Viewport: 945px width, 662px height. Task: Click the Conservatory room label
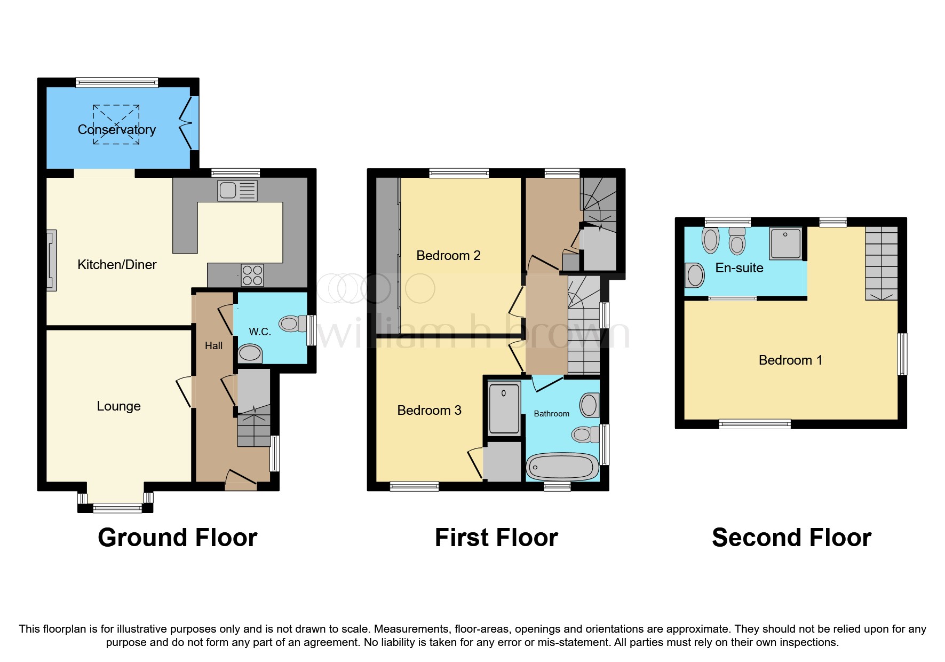click(116, 130)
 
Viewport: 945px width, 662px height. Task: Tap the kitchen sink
click(237, 191)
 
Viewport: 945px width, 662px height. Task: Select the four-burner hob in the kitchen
click(252, 275)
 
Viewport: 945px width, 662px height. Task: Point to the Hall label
click(213, 346)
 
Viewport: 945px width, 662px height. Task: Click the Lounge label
click(118, 406)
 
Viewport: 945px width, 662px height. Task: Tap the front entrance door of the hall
click(241, 480)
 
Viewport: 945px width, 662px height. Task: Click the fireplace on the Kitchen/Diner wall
click(51, 261)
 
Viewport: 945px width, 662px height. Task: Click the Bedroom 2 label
click(448, 256)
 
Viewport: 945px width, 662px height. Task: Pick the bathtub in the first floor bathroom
click(562, 468)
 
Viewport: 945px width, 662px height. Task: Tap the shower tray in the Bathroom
click(504, 408)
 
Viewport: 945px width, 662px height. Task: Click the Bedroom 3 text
click(429, 411)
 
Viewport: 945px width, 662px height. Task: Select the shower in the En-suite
click(785, 243)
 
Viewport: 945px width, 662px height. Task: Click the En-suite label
click(739, 268)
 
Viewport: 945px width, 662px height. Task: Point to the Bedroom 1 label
click(790, 360)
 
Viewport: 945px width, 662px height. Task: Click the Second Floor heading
click(791, 538)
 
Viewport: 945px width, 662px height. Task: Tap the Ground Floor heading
click(178, 538)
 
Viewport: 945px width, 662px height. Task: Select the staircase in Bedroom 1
click(881, 263)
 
